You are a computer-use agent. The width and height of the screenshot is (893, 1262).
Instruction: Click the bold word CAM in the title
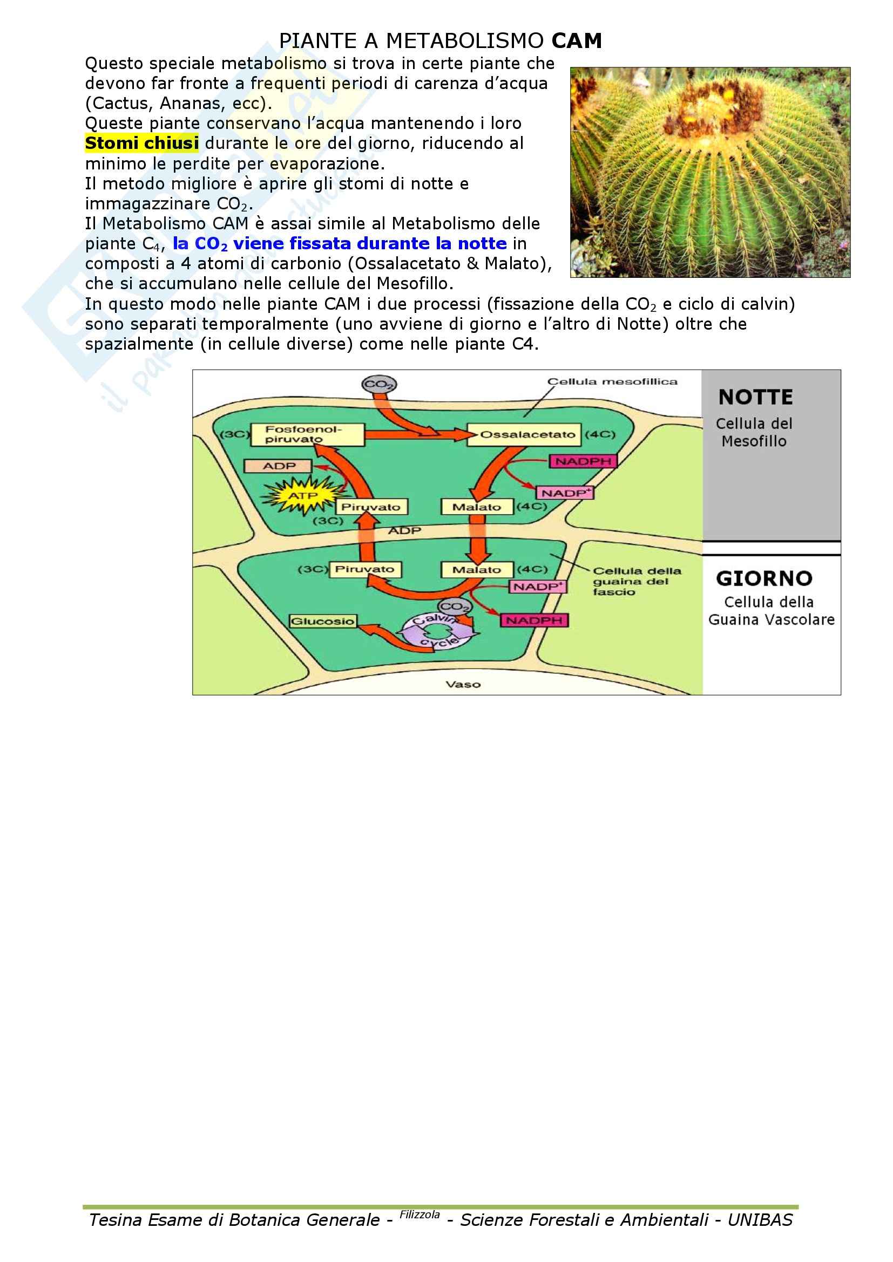pos(576,41)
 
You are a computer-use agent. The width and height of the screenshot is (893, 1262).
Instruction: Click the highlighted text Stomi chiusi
pos(141,144)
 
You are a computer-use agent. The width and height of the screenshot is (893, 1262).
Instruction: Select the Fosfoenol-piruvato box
pos(307,434)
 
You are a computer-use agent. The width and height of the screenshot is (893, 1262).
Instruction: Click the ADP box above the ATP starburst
pos(278,466)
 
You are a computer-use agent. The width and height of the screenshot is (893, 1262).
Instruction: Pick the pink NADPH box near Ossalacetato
pos(583,461)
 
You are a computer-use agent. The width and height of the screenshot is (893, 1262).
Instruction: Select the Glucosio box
pos(323,621)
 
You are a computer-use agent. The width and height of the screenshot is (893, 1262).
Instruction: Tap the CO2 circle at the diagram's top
pos(379,384)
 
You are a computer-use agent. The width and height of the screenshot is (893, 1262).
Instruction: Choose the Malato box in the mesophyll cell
pos(477,507)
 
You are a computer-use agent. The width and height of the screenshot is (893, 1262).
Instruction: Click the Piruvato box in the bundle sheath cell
pos(365,569)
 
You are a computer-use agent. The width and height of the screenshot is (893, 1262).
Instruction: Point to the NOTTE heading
pos(755,398)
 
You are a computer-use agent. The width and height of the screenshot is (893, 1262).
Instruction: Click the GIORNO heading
pos(764,579)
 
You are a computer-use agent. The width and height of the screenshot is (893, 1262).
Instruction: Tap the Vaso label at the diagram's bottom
pos(463,684)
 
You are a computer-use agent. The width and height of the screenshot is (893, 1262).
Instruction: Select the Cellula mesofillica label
pos(612,381)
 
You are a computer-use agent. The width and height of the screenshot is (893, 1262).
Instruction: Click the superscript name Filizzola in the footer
pos(420,1214)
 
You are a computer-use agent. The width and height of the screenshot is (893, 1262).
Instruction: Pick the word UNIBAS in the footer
pos(760,1220)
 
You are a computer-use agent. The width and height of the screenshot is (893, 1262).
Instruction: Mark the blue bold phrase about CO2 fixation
pos(339,243)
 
